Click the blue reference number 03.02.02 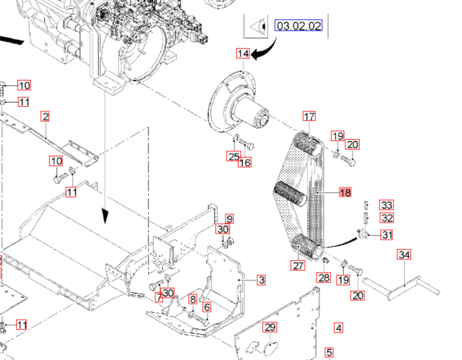[x=299, y=26]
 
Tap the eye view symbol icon [x=257, y=26]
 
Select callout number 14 [x=243, y=54]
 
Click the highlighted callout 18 [x=345, y=192]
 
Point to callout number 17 [x=309, y=116]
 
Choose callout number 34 [x=404, y=255]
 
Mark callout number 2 [x=45, y=116]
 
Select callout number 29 [x=270, y=328]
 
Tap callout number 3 [x=261, y=280]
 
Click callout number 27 [x=298, y=265]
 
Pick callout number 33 [x=386, y=205]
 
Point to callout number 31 [x=387, y=235]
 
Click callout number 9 [x=230, y=218]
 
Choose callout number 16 [x=244, y=162]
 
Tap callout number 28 [x=323, y=277]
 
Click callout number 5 [x=329, y=352]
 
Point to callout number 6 [x=207, y=307]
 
